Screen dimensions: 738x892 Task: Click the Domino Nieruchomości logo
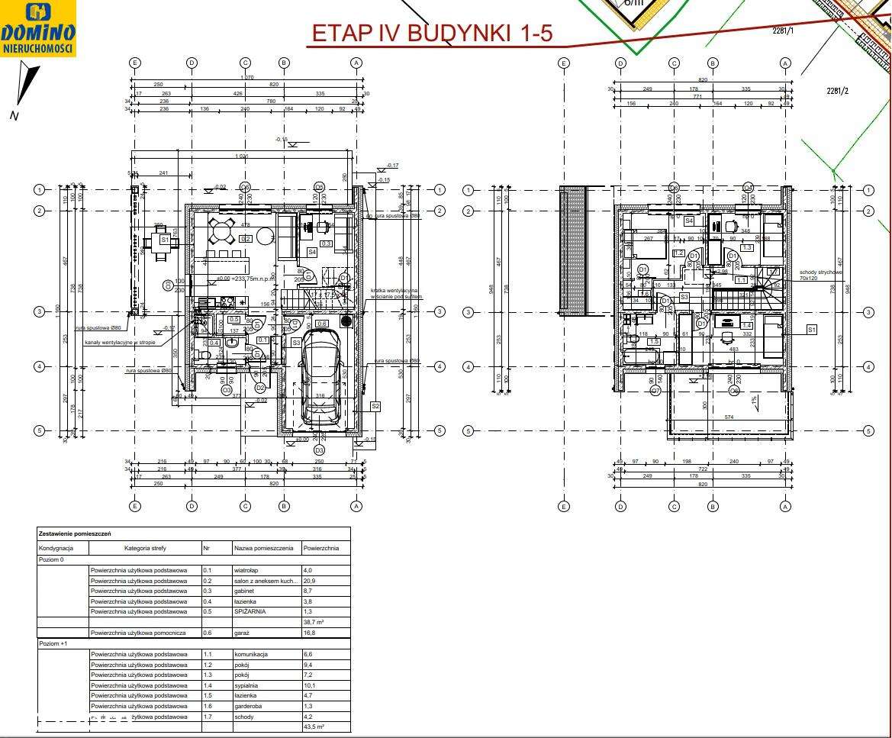[x=38, y=28]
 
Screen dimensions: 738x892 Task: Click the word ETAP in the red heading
[x=339, y=34]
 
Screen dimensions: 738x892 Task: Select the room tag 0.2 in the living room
[x=246, y=239]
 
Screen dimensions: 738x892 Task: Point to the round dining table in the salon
[x=222, y=230]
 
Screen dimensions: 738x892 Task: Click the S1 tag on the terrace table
[x=164, y=240]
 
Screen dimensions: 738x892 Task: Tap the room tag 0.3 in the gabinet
[x=326, y=243]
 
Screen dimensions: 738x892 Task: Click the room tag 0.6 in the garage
[x=321, y=324]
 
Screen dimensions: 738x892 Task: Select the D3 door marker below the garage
[x=320, y=450]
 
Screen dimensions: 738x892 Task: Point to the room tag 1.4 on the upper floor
[x=747, y=326]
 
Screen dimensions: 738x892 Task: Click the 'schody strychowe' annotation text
[x=820, y=272]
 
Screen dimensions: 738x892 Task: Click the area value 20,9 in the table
[x=309, y=581]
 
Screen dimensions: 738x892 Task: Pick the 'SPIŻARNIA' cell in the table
[x=250, y=611]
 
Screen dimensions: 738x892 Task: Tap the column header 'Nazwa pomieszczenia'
[x=263, y=548]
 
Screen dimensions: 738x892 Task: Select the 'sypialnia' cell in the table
[x=248, y=685]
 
